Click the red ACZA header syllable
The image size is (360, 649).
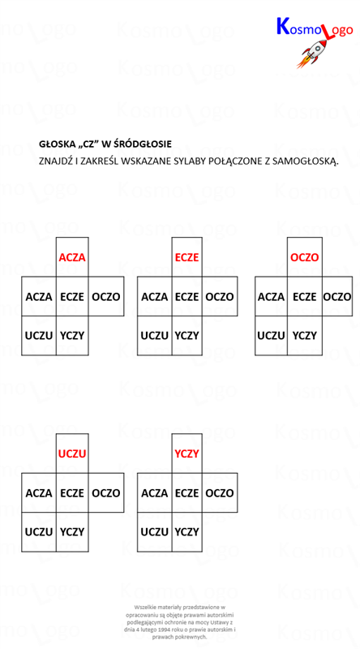pos(72,257)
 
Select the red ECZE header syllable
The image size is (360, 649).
pos(187,257)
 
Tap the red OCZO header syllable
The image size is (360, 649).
pos(305,257)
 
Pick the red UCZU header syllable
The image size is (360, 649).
pos(72,454)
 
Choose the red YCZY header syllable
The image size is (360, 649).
pos(187,454)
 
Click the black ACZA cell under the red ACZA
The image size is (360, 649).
pos(39,297)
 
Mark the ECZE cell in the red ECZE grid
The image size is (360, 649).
pos(187,297)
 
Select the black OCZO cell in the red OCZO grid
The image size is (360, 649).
pos(336,297)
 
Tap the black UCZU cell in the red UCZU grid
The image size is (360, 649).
pos(39,532)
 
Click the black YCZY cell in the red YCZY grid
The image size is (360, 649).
pos(187,532)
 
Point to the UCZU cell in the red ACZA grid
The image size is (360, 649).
pos(39,335)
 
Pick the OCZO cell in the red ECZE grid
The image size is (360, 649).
pos(220,297)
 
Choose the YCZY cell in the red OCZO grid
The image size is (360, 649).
pos(305,335)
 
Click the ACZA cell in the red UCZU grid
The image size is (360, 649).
pos(39,493)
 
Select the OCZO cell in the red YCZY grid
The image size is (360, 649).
pos(220,493)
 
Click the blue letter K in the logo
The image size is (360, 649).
pos(283,26)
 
